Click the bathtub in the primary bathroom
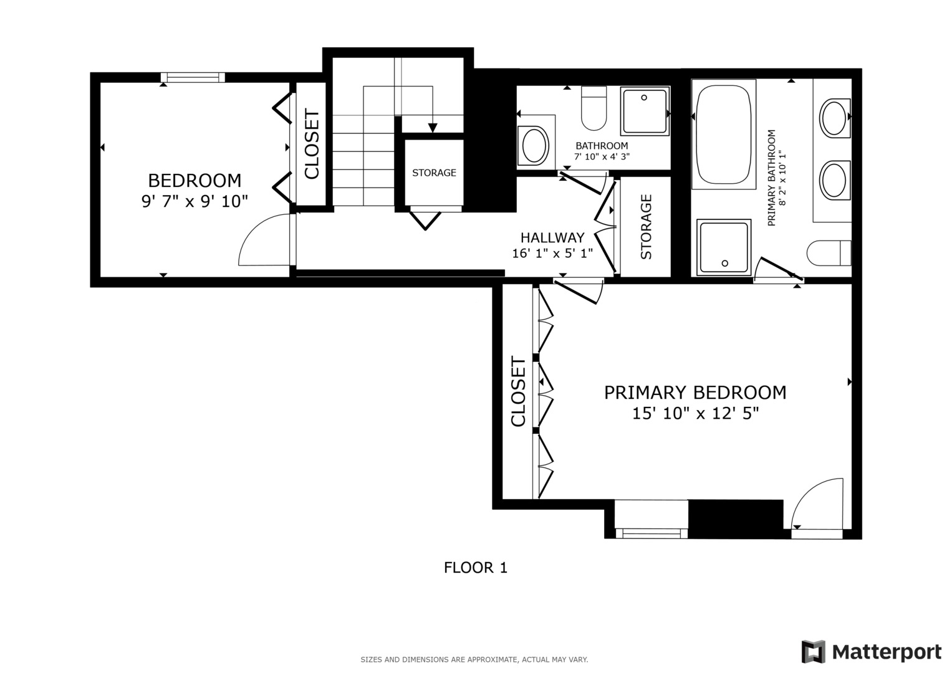[x=723, y=134]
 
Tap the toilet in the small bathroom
[x=594, y=108]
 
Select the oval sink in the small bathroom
[x=534, y=146]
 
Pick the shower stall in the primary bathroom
[x=724, y=247]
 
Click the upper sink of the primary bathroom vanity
[x=834, y=117]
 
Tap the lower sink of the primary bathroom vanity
[x=834, y=179]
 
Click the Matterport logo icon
[x=813, y=652]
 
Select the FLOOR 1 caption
[x=475, y=568]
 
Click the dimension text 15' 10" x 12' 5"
[x=695, y=413]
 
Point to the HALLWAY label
[x=552, y=237]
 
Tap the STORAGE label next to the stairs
[x=434, y=173]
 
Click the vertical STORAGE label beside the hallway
[x=646, y=227]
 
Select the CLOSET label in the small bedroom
[x=311, y=144]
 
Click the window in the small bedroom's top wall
[x=193, y=78]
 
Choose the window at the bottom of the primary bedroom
[x=651, y=532]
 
